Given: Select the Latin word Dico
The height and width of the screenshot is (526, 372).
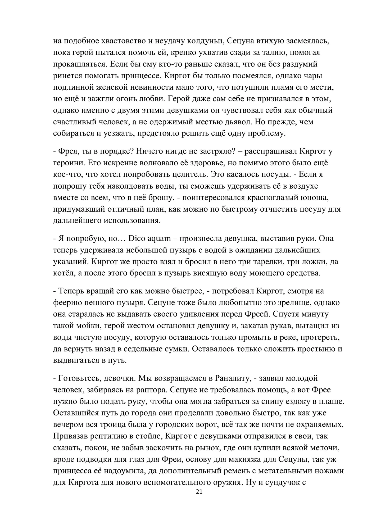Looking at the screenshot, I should [x=136, y=238].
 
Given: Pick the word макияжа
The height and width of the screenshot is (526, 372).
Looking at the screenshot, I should [x=240, y=459].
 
